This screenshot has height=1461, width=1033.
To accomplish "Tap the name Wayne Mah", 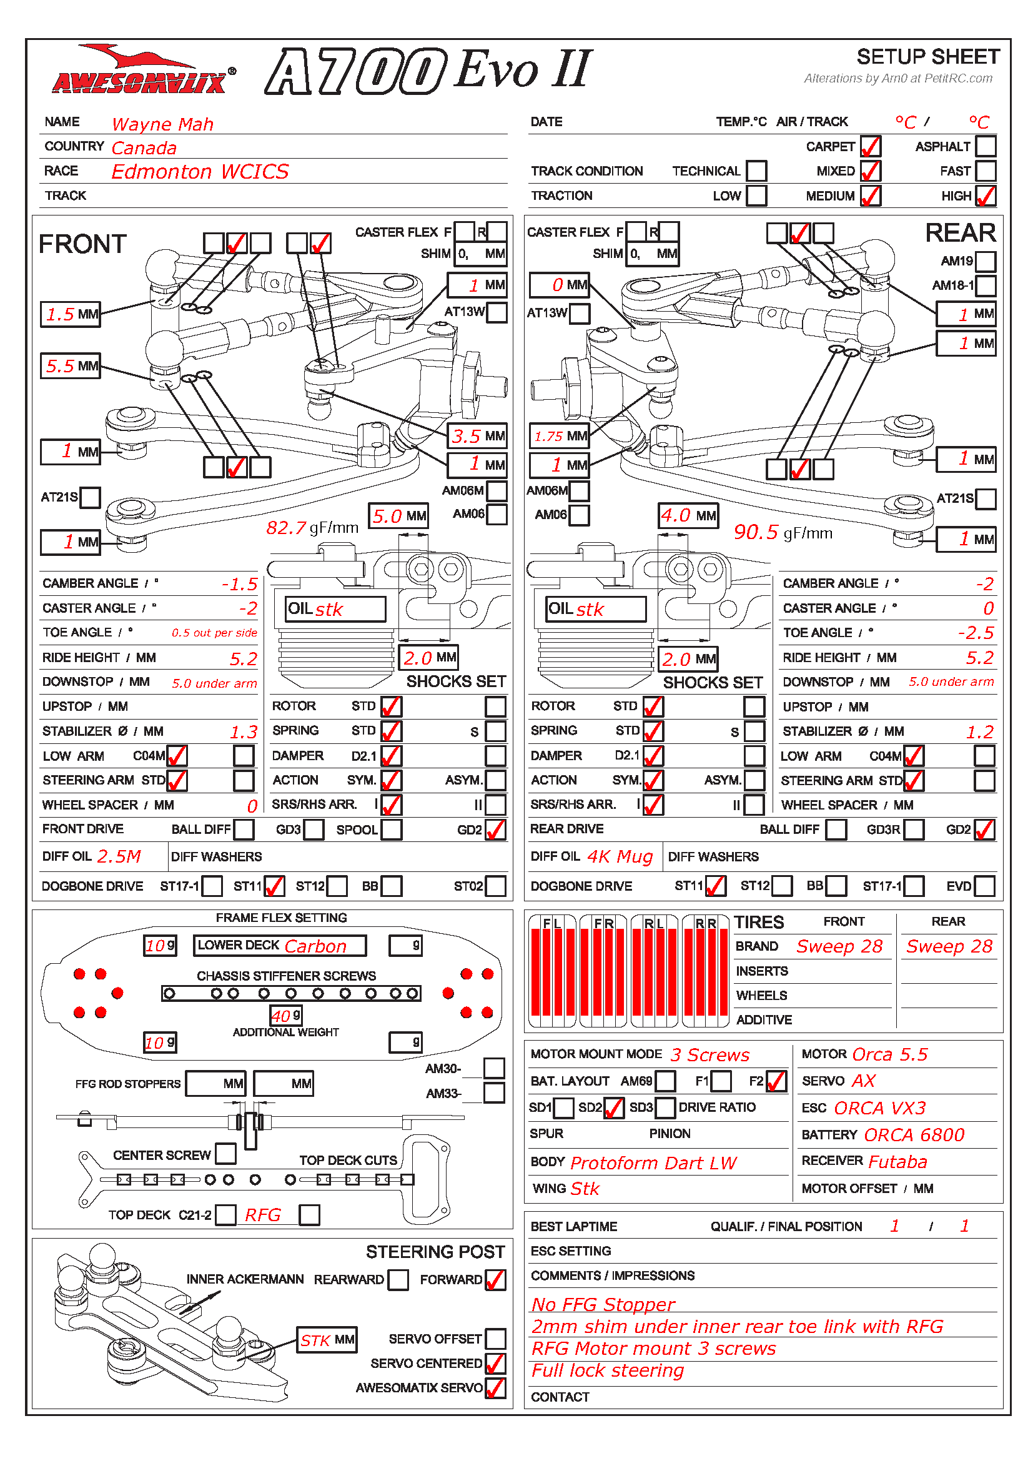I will click(163, 124).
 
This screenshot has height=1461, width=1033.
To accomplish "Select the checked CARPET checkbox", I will click(870, 146).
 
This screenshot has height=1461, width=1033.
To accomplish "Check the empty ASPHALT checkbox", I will click(986, 146).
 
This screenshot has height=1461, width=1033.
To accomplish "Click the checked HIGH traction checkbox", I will click(986, 196).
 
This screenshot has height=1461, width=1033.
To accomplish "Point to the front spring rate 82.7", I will click(286, 528).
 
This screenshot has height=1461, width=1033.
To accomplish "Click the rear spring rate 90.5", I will click(756, 532).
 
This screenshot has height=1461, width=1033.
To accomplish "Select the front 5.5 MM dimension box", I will click(71, 366).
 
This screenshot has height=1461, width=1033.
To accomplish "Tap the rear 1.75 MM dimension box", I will click(560, 437).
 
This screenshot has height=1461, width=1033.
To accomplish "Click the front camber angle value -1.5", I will click(239, 584).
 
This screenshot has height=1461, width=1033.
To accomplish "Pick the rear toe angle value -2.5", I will click(976, 633).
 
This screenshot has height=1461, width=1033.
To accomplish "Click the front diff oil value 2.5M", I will click(119, 856).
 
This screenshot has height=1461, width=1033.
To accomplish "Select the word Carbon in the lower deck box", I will click(315, 946).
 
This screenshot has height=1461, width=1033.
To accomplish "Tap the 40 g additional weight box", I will click(286, 1016).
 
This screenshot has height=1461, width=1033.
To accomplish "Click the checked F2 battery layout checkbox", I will click(777, 1081).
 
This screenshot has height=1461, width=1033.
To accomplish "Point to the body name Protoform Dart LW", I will click(653, 1163).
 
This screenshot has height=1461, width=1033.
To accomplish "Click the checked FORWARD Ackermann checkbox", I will click(495, 1280).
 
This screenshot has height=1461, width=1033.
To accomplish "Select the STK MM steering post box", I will click(327, 1340).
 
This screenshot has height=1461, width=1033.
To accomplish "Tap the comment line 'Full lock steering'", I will click(608, 1370).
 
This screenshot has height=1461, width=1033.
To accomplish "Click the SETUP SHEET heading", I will click(927, 57).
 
